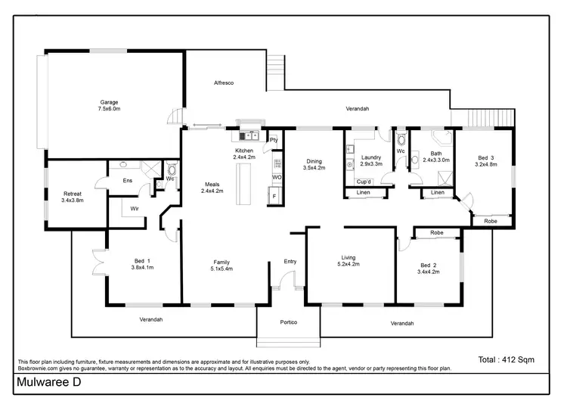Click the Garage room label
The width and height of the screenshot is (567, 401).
point(110,105)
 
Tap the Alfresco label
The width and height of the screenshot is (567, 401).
point(223,82)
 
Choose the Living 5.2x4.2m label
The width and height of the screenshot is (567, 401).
point(349,262)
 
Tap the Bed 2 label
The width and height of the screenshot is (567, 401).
point(429,269)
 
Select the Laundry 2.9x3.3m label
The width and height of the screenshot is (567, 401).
point(370,160)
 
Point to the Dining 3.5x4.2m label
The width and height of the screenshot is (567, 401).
point(314,164)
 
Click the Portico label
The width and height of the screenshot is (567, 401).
point(288,323)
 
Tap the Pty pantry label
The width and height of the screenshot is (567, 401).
point(274,140)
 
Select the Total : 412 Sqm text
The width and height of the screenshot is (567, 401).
point(506,360)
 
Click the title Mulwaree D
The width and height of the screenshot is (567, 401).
point(47,384)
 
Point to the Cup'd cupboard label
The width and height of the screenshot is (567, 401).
point(363,182)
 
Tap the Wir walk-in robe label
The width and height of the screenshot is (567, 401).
point(135,208)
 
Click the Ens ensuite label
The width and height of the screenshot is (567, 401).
point(128,181)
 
